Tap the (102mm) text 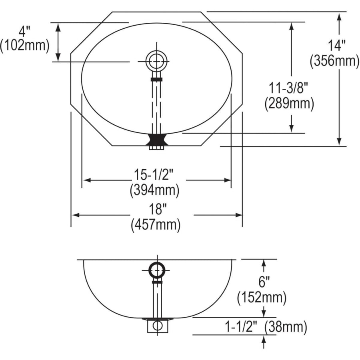[25, 46]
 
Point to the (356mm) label [334, 61]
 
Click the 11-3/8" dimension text [288, 88]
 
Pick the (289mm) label [289, 103]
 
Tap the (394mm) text [154, 190]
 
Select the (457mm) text [156, 225]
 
